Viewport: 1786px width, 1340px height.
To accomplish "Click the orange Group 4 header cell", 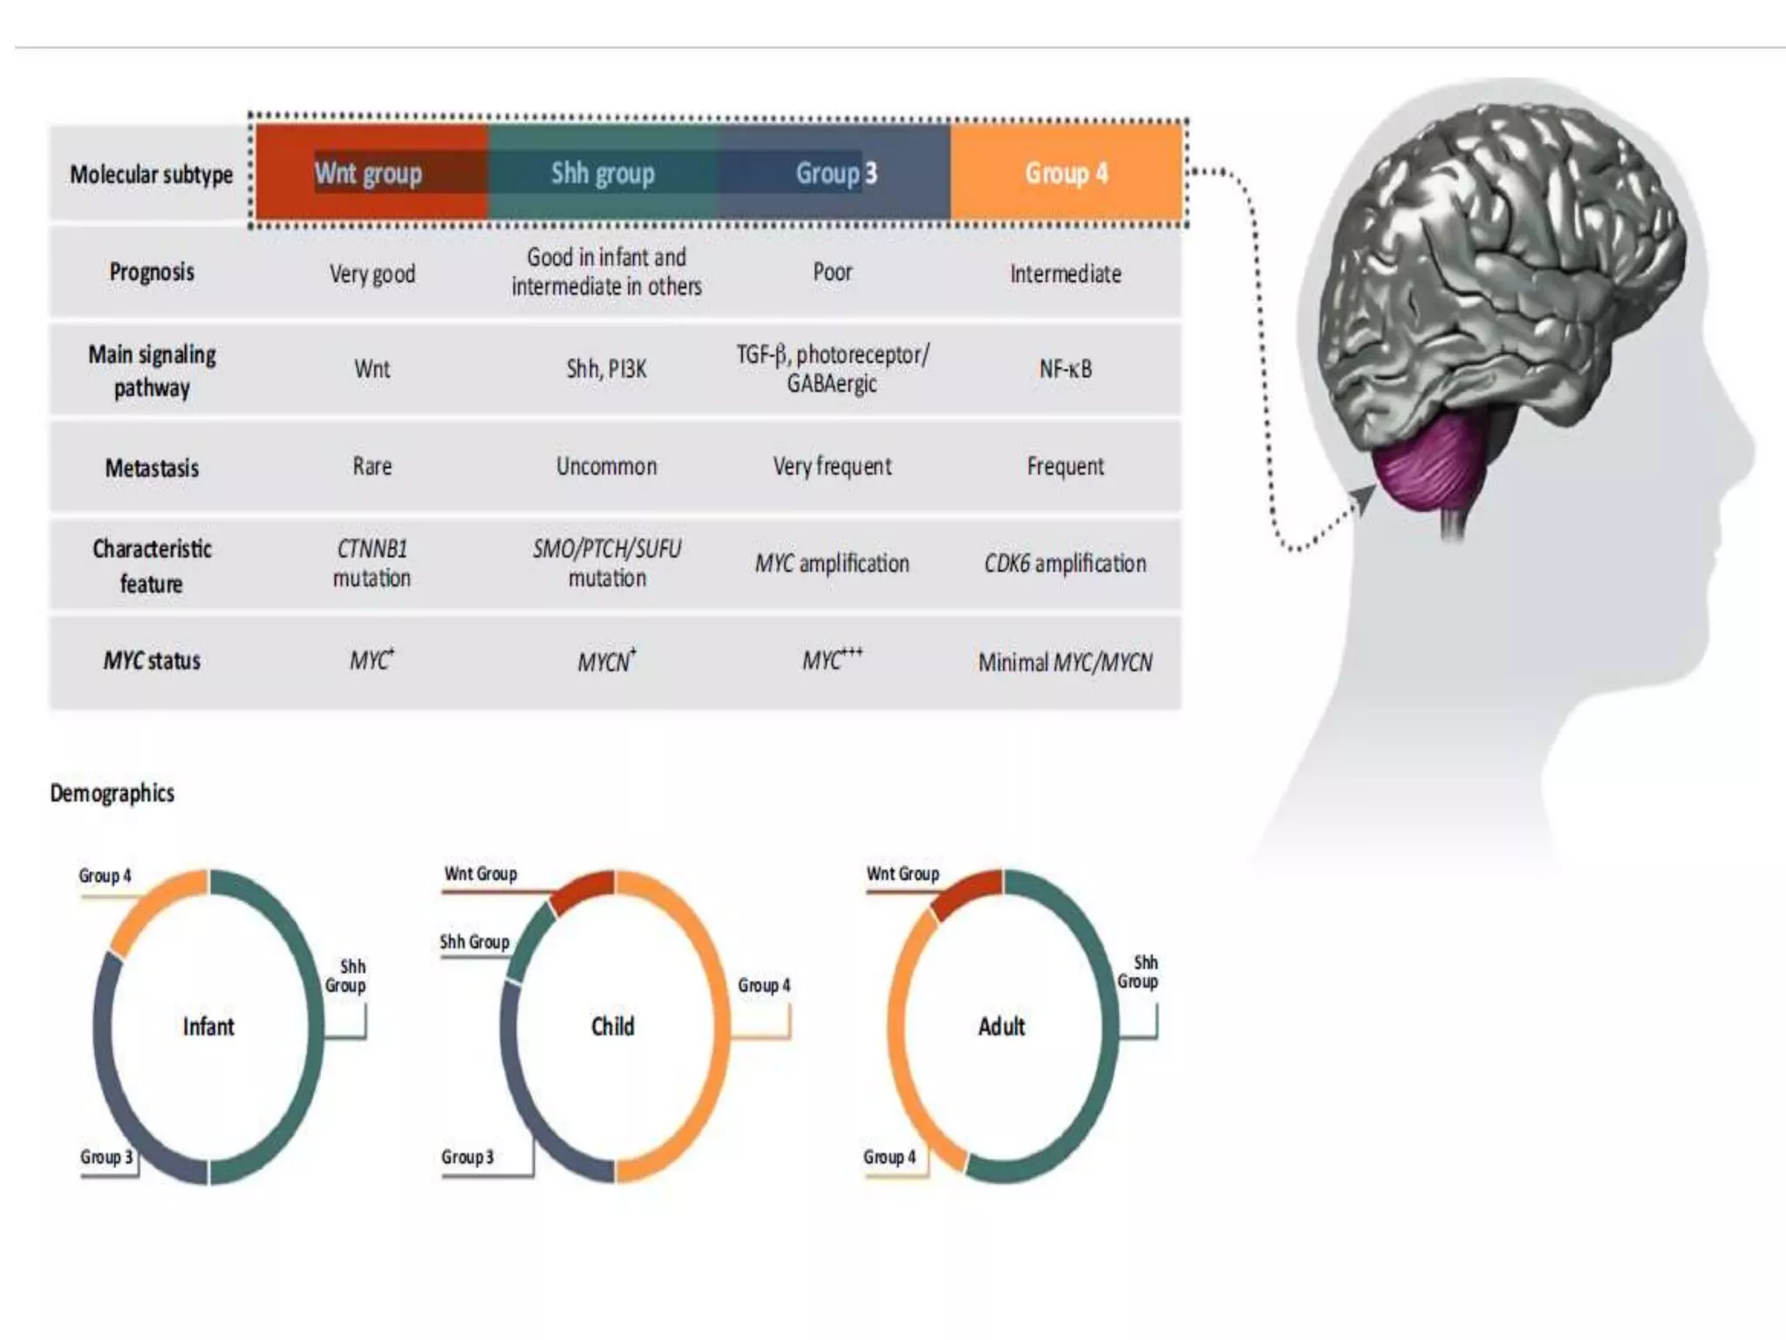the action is (1066, 173).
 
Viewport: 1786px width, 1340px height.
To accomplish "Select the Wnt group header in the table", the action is (368, 173).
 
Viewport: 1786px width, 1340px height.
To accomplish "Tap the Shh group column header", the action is (603, 173).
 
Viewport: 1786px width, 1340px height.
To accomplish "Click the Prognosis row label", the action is (152, 272).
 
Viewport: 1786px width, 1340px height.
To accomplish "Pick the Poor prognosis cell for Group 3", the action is (832, 272).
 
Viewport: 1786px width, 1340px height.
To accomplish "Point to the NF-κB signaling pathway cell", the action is (1065, 369).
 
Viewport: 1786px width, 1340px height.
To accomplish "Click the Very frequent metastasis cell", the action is (832, 467).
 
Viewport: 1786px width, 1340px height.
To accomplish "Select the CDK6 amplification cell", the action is (1065, 564).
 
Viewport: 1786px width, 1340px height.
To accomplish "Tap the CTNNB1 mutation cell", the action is (372, 564).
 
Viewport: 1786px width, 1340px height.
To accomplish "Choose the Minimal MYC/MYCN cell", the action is (1065, 662).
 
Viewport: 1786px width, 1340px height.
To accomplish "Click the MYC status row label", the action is (152, 660).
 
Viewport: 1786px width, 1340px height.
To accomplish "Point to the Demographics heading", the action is (112, 793).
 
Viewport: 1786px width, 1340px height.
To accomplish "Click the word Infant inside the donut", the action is (208, 1027).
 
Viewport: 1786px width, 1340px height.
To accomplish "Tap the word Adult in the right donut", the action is (1001, 1027).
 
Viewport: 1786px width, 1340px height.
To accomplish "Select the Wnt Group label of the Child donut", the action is (481, 874).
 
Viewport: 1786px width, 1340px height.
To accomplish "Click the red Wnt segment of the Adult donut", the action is (966, 892).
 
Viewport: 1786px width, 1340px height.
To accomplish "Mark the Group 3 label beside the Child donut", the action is (467, 1158).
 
